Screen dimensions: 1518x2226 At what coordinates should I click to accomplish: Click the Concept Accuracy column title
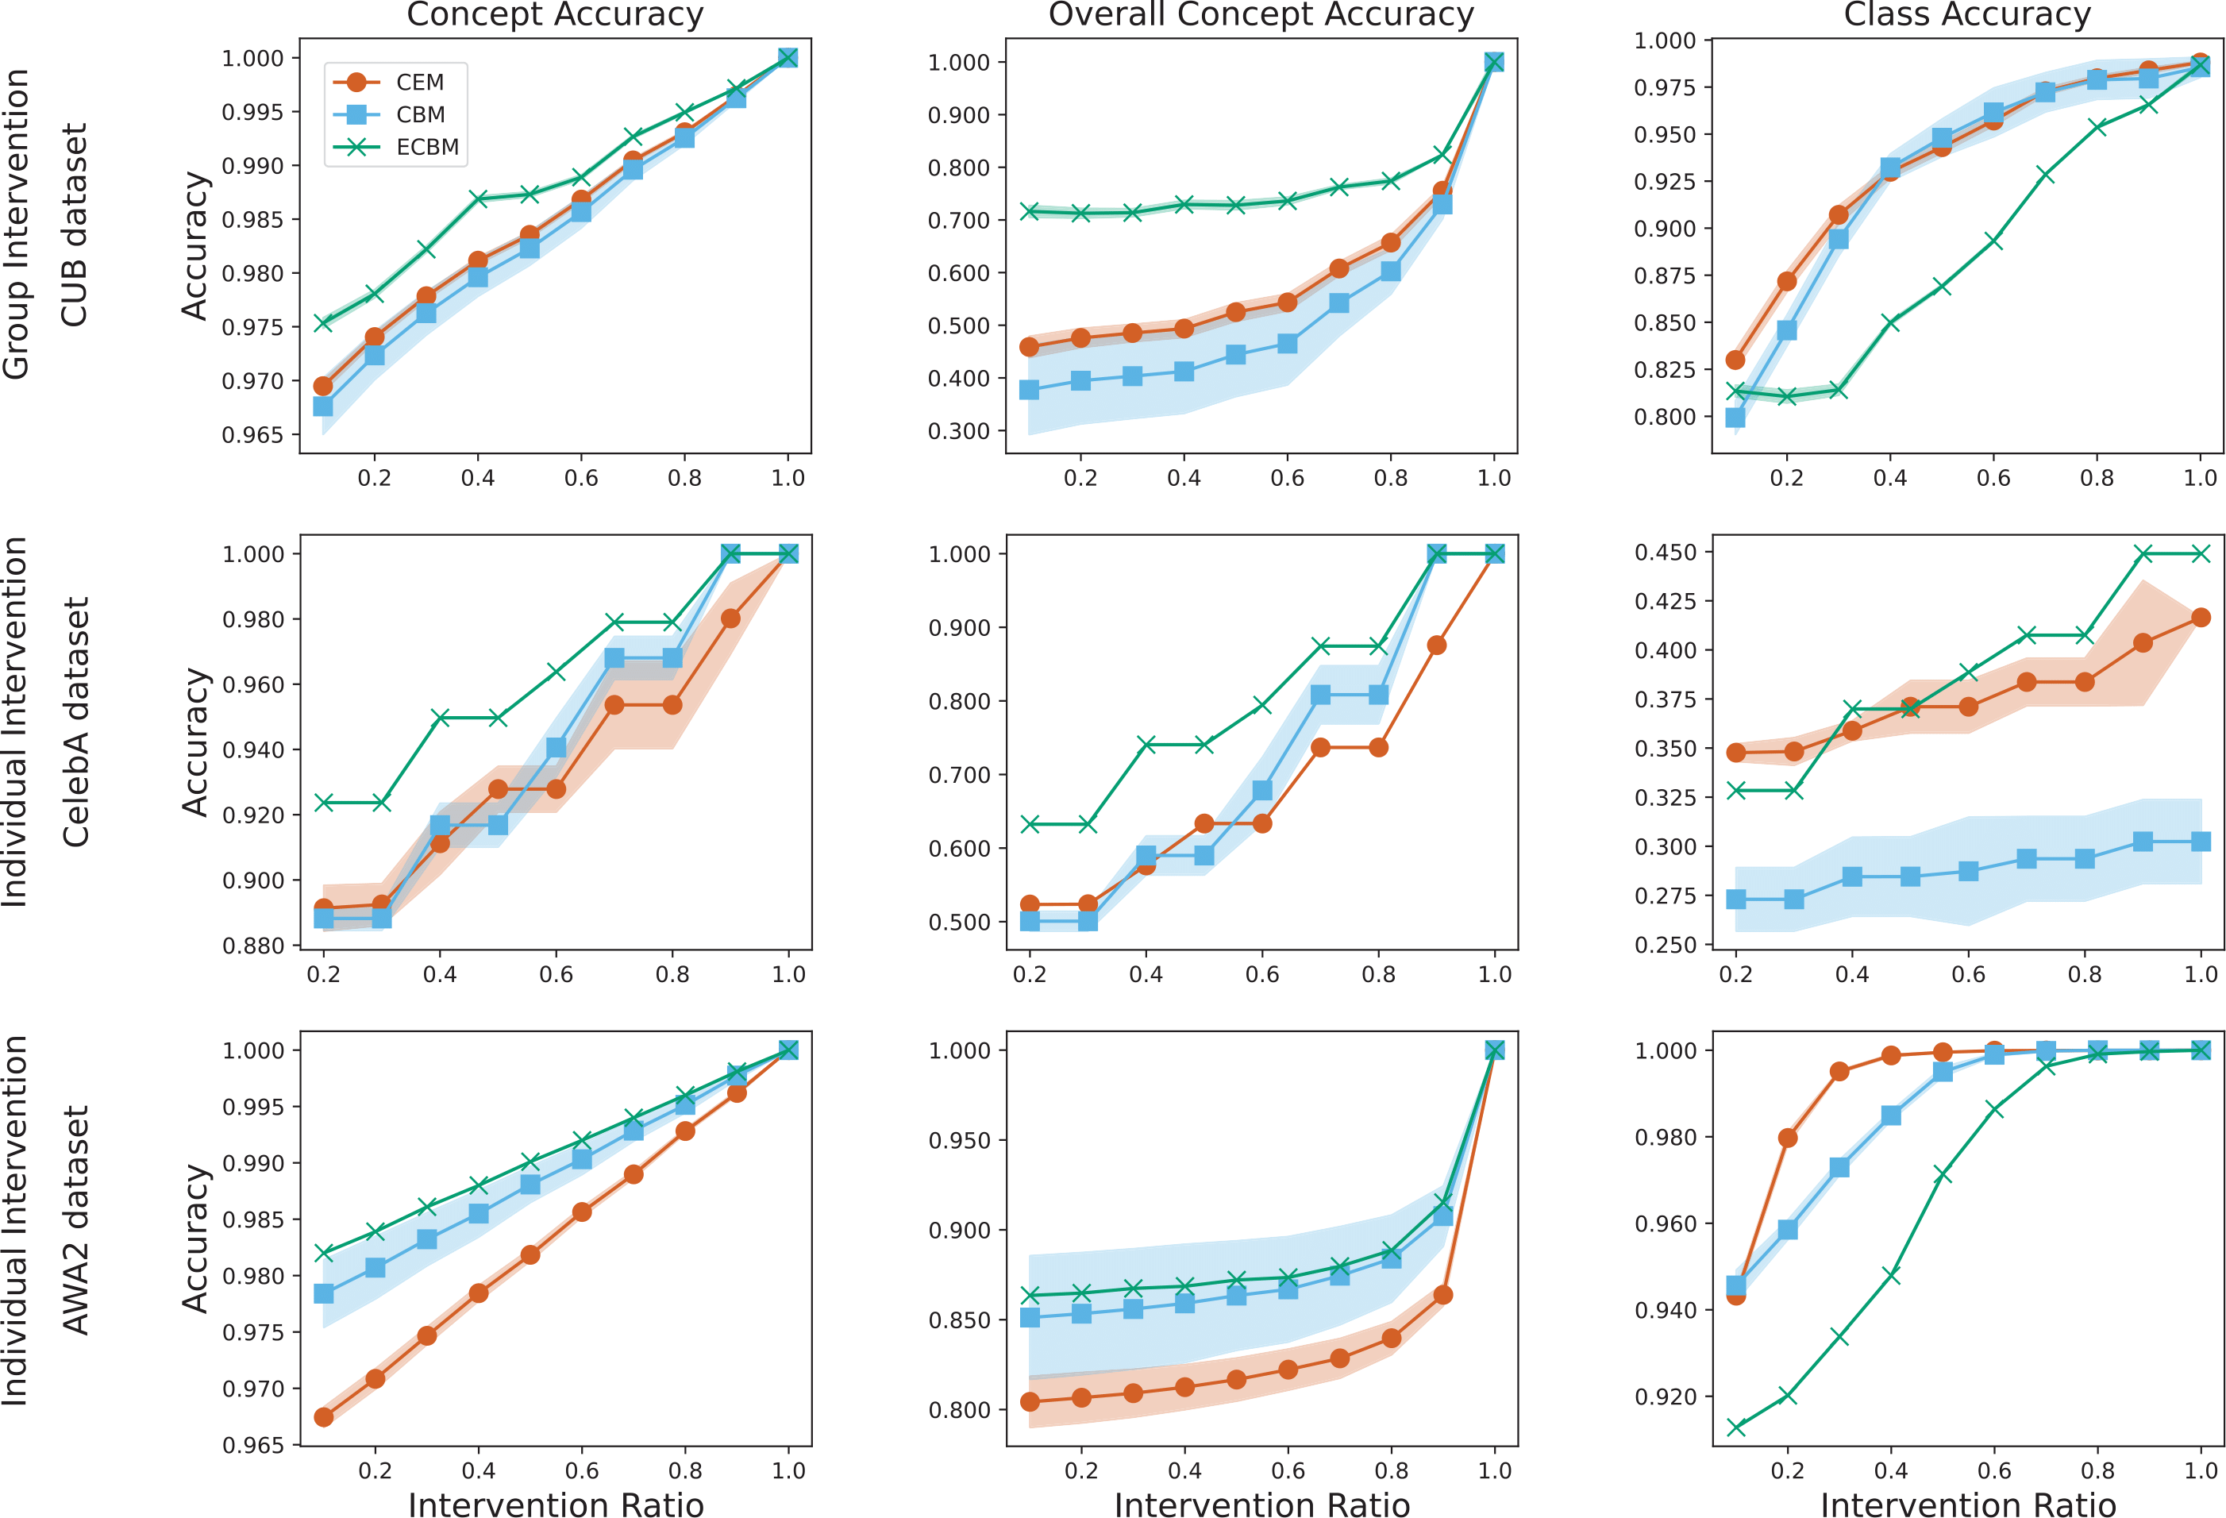click(x=555, y=14)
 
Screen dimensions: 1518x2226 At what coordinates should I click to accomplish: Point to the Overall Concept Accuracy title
click(x=1261, y=14)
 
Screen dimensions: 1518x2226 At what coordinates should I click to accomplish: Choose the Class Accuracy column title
click(x=1966, y=14)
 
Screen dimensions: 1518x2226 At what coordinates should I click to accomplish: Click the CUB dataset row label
click(x=75, y=225)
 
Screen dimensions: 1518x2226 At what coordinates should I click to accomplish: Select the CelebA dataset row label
click(x=75, y=722)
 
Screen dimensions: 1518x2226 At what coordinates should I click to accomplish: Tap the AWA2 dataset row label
click(x=75, y=1220)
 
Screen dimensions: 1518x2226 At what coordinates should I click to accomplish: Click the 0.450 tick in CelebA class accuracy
click(x=1666, y=553)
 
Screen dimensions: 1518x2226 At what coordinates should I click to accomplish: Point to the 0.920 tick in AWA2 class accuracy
click(x=1666, y=1397)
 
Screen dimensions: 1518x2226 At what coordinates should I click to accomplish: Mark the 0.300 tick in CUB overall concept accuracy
click(x=959, y=432)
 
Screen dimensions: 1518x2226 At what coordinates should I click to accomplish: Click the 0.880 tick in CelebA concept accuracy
click(x=254, y=946)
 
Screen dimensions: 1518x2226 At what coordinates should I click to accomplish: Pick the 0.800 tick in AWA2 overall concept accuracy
click(x=960, y=1411)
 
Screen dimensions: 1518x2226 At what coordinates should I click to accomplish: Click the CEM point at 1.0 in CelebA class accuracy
click(x=2200, y=618)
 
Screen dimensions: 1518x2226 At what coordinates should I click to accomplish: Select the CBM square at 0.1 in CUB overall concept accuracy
click(x=1030, y=390)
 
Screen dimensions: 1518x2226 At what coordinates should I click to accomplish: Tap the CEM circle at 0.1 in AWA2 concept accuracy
click(x=324, y=1417)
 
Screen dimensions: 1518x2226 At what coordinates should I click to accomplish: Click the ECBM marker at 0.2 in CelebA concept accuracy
click(x=324, y=803)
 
